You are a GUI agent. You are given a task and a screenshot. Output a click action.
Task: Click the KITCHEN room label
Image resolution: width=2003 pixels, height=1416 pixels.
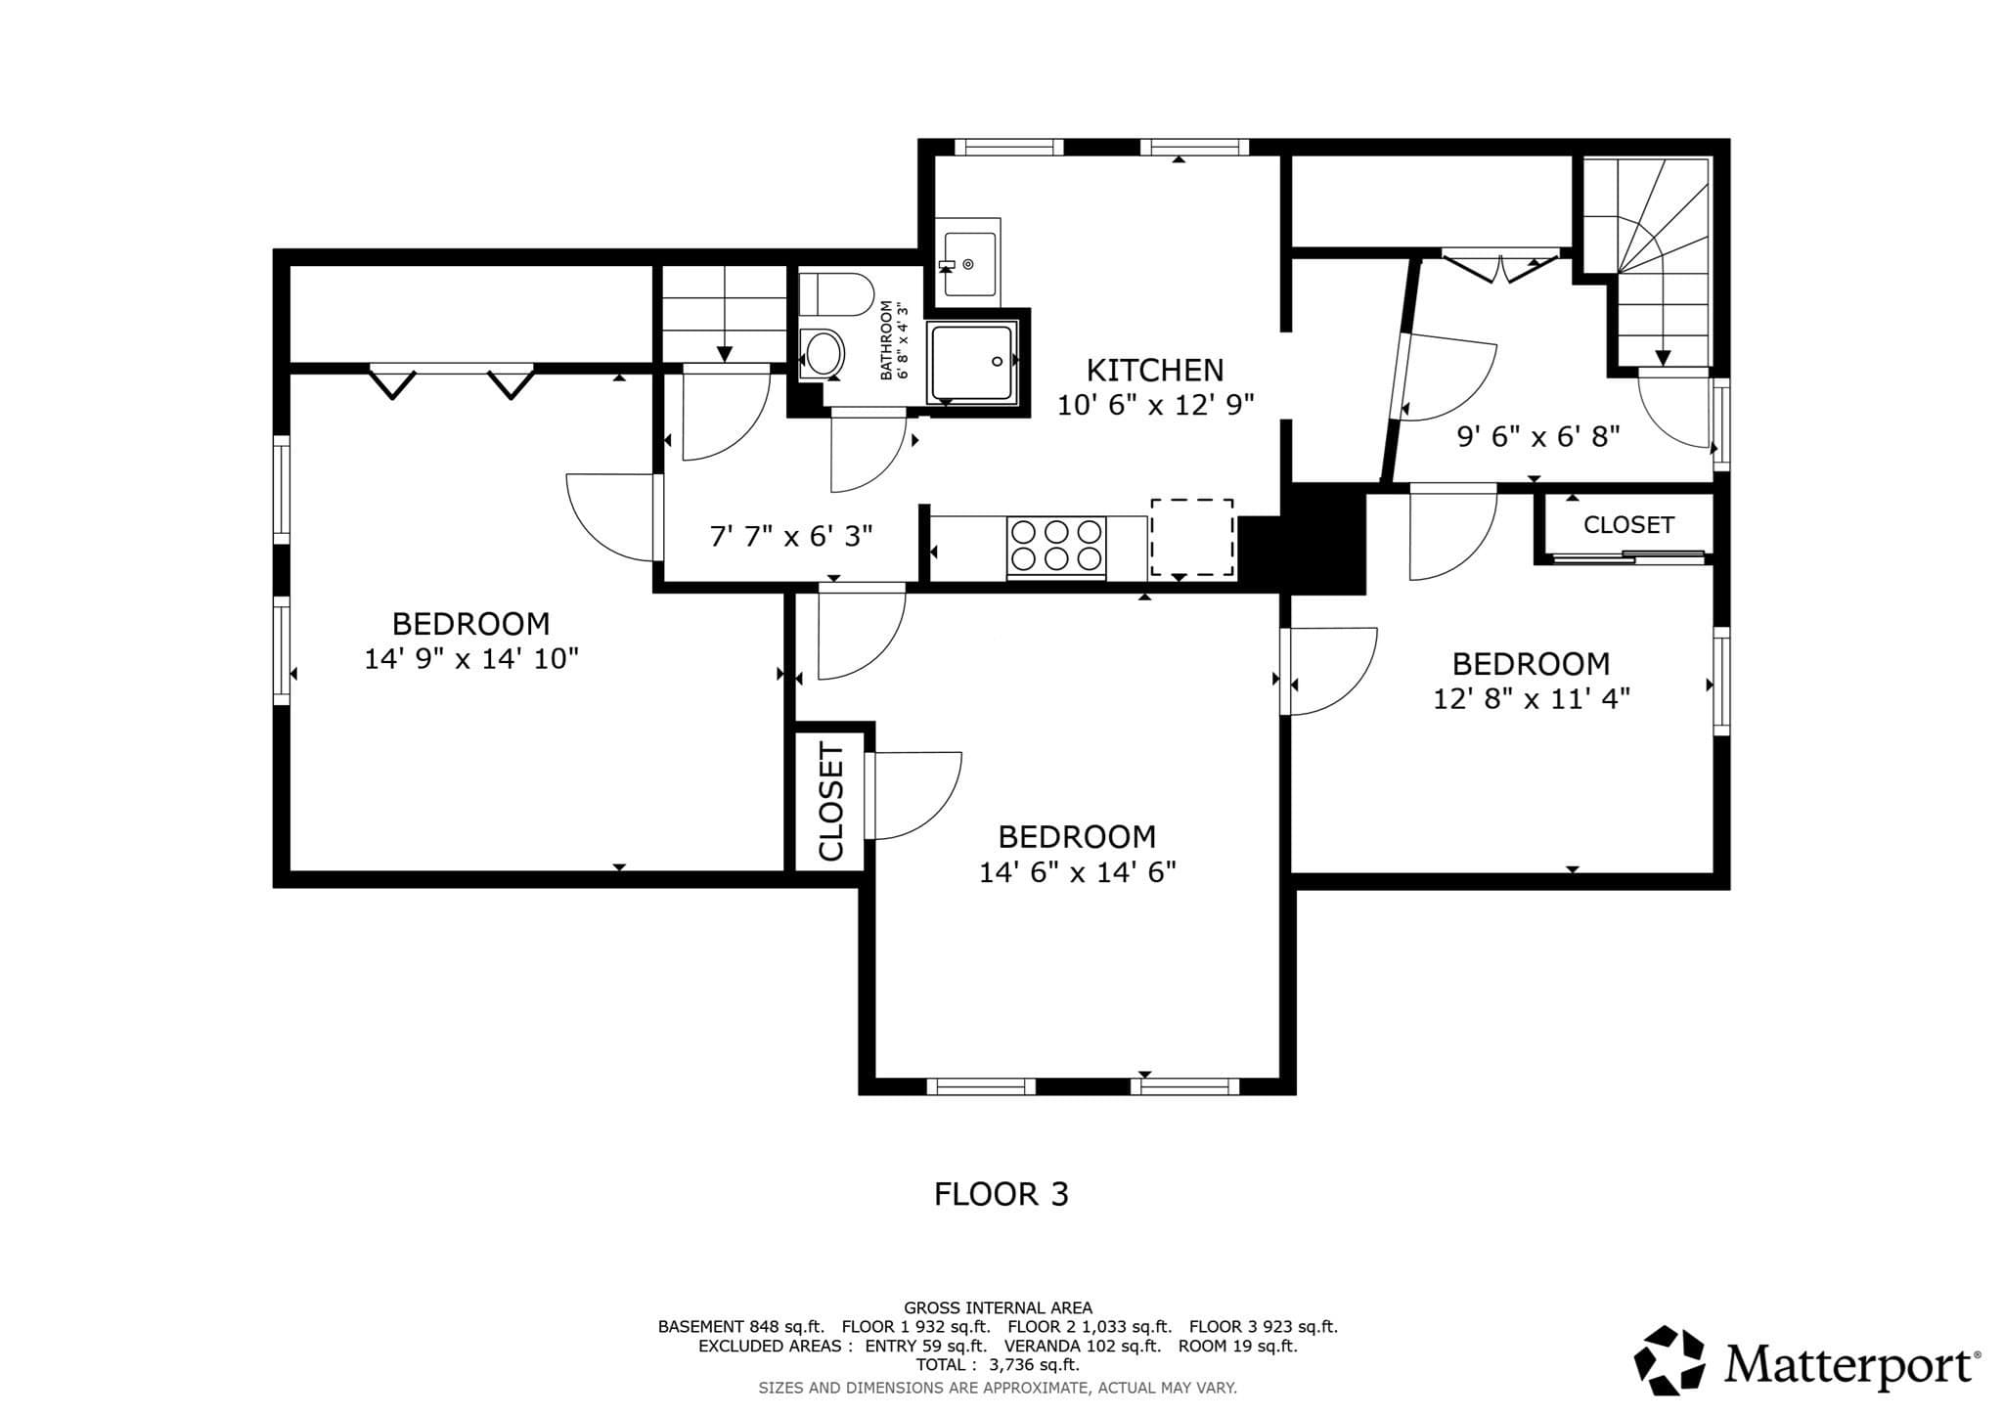pyautogui.click(x=1155, y=370)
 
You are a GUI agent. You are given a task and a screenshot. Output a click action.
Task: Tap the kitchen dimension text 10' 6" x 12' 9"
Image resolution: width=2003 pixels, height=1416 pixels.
pyautogui.click(x=1155, y=405)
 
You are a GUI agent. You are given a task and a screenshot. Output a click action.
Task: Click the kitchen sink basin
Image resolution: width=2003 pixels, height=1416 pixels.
pyautogui.click(x=968, y=262)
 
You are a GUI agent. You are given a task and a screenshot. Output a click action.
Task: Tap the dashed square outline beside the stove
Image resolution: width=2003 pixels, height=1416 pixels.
pyautogui.click(x=1191, y=537)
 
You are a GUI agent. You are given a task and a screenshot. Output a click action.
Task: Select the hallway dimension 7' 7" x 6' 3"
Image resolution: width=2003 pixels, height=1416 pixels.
pyautogui.click(x=791, y=536)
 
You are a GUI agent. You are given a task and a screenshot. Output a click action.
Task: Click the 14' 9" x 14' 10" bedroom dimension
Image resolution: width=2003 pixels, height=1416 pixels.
pyautogui.click(x=471, y=659)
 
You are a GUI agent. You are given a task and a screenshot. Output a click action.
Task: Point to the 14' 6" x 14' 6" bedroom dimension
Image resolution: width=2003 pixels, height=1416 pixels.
pyautogui.click(x=1077, y=872)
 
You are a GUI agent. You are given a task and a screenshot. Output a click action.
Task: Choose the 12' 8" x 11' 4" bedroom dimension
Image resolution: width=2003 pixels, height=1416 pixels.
pyautogui.click(x=1532, y=699)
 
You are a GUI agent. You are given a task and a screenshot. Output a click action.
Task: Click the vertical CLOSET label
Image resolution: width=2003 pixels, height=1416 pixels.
pyautogui.click(x=830, y=802)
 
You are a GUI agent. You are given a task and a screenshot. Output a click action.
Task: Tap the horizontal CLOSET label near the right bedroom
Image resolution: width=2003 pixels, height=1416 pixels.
pyautogui.click(x=1628, y=525)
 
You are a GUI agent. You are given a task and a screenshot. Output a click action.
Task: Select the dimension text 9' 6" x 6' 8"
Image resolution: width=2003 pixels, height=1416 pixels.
pyautogui.click(x=1539, y=436)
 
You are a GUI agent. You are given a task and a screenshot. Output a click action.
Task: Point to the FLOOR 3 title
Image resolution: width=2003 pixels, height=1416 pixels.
pyautogui.click(x=1001, y=1194)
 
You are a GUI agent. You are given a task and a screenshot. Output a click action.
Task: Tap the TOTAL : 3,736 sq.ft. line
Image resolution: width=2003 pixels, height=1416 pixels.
pyautogui.click(x=998, y=1365)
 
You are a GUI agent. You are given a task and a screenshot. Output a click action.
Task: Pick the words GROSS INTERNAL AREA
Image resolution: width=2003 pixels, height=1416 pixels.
pyautogui.click(x=998, y=1307)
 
